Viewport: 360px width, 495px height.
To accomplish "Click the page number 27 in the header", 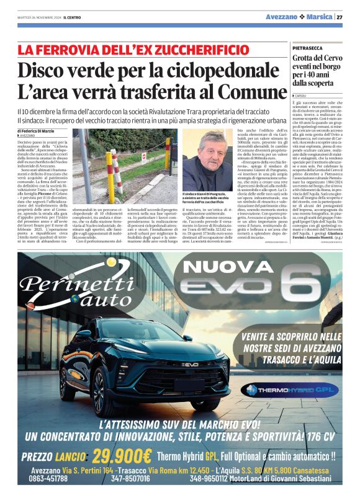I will [340, 17].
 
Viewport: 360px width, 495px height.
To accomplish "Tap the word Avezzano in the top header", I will [282, 17].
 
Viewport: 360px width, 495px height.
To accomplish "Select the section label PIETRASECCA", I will [307, 47].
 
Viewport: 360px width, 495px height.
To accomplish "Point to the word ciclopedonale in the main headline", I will [217, 71].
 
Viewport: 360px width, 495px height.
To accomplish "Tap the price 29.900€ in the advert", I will [122, 456].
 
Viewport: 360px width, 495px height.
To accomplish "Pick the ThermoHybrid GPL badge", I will [281, 390].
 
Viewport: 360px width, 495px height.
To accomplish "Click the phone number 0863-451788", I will [49, 478].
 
